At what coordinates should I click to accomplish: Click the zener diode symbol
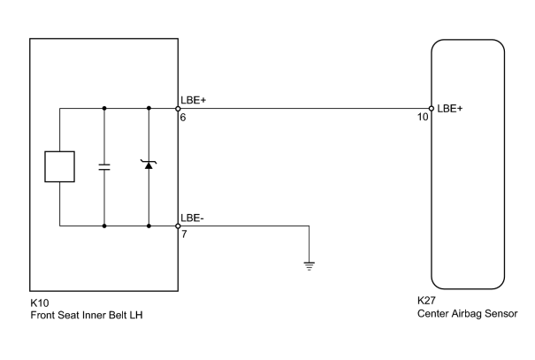click(x=149, y=165)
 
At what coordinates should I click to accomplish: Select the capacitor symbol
click(x=104, y=167)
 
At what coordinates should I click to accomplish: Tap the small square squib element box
click(x=60, y=166)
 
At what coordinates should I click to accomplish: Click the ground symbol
click(x=310, y=266)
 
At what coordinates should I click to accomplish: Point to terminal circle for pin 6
click(x=178, y=109)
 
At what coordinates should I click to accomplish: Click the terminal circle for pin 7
click(x=178, y=226)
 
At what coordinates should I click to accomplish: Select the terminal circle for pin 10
click(x=432, y=109)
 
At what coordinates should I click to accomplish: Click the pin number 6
click(x=183, y=118)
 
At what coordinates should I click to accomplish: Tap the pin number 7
click(x=184, y=234)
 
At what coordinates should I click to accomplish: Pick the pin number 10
click(x=423, y=117)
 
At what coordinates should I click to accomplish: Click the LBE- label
click(x=193, y=218)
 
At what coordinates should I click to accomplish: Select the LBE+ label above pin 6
click(x=194, y=100)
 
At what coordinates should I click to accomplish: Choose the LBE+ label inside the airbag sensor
click(x=450, y=109)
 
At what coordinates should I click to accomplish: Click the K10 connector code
click(x=40, y=303)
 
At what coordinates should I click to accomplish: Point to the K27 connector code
click(x=426, y=301)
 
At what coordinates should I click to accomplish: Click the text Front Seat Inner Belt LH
click(x=87, y=315)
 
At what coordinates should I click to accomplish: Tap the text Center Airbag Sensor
click(x=468, y=314)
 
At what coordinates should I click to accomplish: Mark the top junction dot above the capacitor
click(x=104, y=108)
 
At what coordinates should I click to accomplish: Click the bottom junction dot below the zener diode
click(x=149, y=226)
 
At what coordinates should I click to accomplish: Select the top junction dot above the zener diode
click(x=149, y=108)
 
